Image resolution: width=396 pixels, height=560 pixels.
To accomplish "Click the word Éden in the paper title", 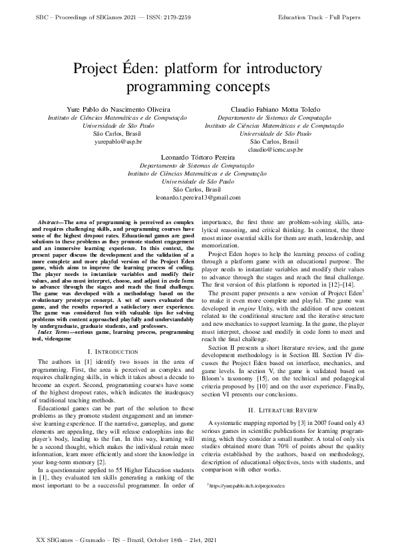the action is point(156,69).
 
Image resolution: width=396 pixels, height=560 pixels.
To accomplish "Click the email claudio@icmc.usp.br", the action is point(275,150).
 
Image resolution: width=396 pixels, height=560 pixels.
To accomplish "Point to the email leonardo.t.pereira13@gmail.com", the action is point(198,198).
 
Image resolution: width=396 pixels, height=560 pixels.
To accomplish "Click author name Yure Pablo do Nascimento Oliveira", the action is point(118,108).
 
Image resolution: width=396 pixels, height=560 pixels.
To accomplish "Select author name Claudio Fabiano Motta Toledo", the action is point(275,108).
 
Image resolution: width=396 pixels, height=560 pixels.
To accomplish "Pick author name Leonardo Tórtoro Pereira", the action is point(198,156).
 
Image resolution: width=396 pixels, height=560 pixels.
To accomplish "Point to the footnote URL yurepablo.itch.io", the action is point(248,486).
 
